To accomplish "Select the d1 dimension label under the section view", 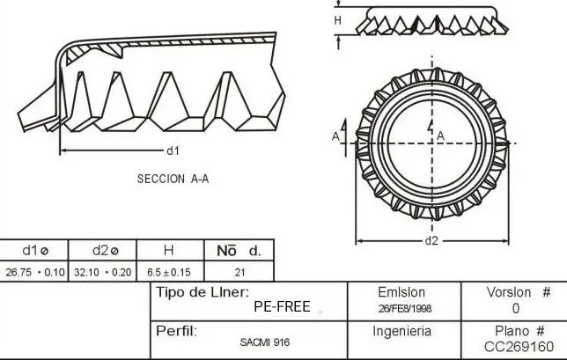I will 173,151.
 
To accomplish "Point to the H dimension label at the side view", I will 337,19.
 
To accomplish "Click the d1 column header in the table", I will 33,251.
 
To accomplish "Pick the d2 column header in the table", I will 99,251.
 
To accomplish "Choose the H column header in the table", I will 169,251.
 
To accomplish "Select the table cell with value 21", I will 239,272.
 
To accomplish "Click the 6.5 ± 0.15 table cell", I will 169,272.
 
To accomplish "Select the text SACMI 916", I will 263,341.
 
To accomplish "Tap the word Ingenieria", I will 401,332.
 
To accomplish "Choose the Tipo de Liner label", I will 202,292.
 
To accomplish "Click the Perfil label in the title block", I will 175,331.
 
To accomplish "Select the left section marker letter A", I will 335,136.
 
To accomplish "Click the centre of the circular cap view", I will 431,141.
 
